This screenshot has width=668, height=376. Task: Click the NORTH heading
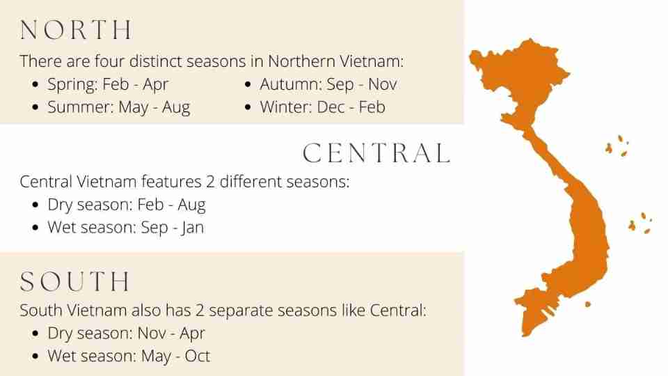[x=77, y=30]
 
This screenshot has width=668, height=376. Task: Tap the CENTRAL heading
[x=376, y=153]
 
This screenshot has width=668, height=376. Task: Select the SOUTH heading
[x=75, y=281]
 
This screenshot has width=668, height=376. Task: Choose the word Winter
[x=286, y=107]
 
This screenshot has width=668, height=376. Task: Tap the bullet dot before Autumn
[x=248, y=84]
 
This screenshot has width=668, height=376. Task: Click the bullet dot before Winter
[x=248, y=107]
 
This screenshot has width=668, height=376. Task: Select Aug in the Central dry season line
[x=192, y=205]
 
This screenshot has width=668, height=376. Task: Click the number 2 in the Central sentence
[x=210, y=182]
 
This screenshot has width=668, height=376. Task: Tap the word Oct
[x=197, y=356]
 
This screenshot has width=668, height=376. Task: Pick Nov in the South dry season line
[x=152, y=334]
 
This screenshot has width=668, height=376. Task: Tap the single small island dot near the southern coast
[x=588, y=304]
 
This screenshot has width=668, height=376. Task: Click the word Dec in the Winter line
[x=331, y=107]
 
